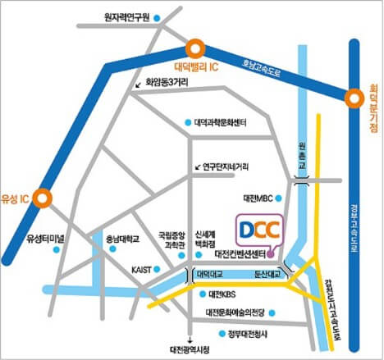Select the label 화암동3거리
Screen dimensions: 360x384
click(167, 82)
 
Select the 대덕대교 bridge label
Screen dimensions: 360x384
click(210, 275)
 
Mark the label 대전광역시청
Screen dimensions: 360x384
click(190, 349)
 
